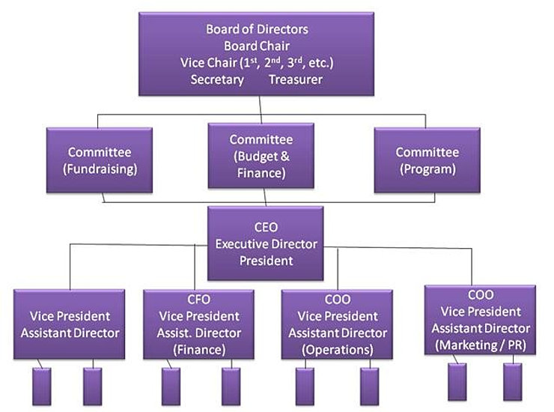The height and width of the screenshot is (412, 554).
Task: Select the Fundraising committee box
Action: click(100, 160)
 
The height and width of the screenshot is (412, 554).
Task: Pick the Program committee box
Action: click(426, 160)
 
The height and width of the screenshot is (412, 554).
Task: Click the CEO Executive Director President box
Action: click(265, 243)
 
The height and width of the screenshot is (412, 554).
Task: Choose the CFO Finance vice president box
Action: click(196, 324)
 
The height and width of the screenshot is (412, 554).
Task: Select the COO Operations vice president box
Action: click(338, 324)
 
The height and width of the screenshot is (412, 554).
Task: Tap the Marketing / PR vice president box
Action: click(479, 320)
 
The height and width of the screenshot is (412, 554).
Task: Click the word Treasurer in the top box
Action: click(296, 79)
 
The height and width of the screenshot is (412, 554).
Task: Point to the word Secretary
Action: click(219, 79)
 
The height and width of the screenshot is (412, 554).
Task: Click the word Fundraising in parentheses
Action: click(100, 169)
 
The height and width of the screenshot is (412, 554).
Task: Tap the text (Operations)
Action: click(338, 349)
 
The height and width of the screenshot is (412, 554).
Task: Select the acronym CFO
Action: click(196, 300)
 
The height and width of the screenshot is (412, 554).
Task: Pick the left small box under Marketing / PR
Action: click(457, 381)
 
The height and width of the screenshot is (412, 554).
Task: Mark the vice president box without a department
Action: click(68, 324)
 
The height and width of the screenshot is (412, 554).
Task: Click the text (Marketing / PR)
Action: click(479, 345)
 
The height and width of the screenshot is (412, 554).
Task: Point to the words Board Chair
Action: click(257, 46)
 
